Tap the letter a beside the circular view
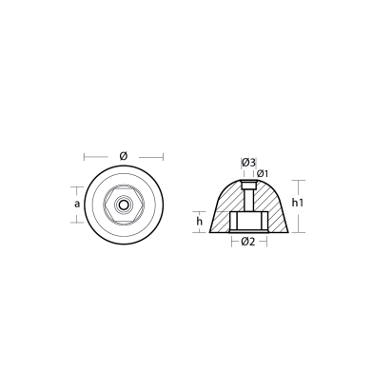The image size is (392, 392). [x=77, y=203]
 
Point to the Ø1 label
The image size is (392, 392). [x=261, y=172]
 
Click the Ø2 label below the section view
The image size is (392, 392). [x=247, y=243]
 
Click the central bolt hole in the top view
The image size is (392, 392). [x=123, y=204]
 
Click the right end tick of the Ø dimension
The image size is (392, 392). [x=163, y=156]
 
